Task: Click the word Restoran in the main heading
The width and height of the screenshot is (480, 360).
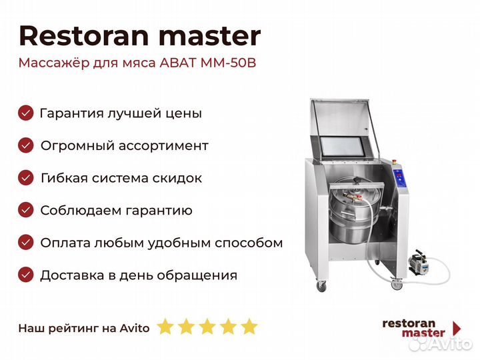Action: pyautogui.click(x=84, y=36)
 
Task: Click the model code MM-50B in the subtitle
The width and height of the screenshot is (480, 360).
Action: pyautogui.click(x=228, y=63)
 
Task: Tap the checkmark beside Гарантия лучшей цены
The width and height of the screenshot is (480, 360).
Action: pyautogui.click(x=26, y=113)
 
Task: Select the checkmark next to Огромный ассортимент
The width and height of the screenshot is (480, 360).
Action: pyautogui.click(x=26, y=145)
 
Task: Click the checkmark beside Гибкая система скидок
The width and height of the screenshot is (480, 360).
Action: pyautogui.click(x=26, y=178)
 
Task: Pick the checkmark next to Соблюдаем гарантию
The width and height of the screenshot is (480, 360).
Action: pyautogui.click(x=26, y=210)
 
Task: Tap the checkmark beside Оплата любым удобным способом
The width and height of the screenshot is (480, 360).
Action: pyautogui.click(x=26, y=243)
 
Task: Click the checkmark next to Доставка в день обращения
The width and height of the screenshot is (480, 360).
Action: pyautogui.click(x=26, y=275)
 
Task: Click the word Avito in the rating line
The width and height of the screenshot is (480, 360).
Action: pyautogui.click(x=135, y=328)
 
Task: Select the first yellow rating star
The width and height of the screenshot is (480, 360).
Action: pyautogui.click(x=165, y=326)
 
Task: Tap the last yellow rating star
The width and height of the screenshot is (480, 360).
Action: pyautogui.click(x=249, y=326)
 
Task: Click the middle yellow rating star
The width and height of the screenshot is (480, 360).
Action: pyautogui.click(x=207, y=326)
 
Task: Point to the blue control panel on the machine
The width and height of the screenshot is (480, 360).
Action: pyautogui.click(x=401, y=179)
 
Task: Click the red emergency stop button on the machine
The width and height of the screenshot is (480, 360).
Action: pyautogui.click(x=395, y=161)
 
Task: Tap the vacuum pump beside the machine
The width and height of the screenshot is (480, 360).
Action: pyautogui.click(x=418, y=263)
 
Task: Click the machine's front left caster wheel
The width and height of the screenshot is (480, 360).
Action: pyautogui.click(x=321, y=286)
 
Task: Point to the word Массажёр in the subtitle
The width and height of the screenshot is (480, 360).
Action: pyautogui.click(x=54, y=63)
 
